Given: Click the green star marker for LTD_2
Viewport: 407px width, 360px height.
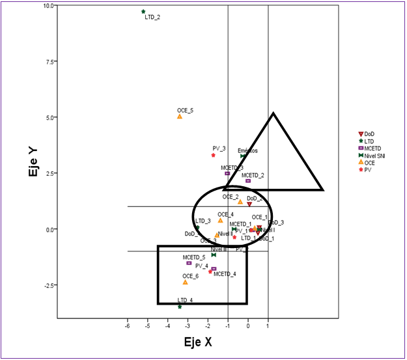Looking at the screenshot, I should coord(143,12).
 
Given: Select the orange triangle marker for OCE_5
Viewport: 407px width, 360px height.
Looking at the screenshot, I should coord(180,117).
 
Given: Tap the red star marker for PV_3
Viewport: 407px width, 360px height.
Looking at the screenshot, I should coord(213,155).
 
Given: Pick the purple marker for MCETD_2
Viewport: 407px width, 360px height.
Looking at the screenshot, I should coord(248,181).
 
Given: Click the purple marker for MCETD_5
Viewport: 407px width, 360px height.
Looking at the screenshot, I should coord(189,263).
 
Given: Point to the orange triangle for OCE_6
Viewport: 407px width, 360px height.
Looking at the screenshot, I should coord(186,283).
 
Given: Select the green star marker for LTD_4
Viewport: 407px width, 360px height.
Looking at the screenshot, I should coord(180,306).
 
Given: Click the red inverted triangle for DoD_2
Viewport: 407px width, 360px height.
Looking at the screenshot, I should coord(249,204).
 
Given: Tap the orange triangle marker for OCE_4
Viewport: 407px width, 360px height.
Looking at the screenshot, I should coord(220,220).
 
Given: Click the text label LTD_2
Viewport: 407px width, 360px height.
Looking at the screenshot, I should coord(152,18).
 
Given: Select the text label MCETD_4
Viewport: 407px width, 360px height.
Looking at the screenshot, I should coord(225,274).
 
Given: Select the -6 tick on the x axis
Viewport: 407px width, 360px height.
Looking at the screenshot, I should coord(127,326).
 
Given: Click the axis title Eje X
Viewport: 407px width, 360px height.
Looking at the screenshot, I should coord(198,341).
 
